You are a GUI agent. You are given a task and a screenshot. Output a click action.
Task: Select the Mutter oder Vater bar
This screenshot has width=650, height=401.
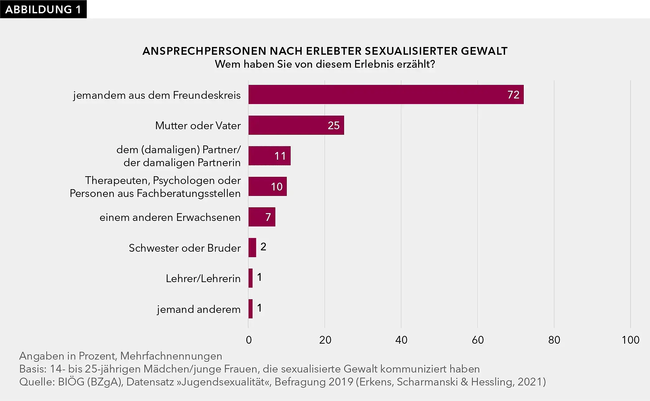click(x=296, y=125)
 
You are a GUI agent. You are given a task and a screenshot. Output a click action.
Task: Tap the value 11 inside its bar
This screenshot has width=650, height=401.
click(x=280, y=156)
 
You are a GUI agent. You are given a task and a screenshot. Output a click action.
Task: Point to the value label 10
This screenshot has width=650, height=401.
click(x=277, y=187)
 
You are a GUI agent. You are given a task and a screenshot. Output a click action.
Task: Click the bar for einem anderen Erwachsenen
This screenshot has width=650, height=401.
click(x=262, y=217)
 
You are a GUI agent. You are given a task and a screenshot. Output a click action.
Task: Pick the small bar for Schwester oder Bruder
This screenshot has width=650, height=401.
click(x=252, y=248)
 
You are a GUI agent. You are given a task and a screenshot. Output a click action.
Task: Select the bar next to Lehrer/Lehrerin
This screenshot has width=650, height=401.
click(x=251, y=278)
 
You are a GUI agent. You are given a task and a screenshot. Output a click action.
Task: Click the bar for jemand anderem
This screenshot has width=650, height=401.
click(x=251, y=309)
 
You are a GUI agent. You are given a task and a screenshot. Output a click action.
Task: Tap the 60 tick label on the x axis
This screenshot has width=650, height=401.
click(x=477, y=340)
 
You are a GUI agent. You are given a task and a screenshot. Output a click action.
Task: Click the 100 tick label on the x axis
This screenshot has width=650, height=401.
click(x=630, y=340)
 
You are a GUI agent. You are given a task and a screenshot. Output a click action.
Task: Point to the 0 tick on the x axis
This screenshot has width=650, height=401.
click(x=249, y=340)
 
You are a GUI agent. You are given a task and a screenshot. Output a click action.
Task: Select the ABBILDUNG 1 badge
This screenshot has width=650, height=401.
click(x=43, y=9)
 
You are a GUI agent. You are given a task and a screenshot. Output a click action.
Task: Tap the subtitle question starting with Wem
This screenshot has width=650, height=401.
click(x=325, y=64)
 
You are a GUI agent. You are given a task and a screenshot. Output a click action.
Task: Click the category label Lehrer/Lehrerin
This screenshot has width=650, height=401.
click(x=203, y=279)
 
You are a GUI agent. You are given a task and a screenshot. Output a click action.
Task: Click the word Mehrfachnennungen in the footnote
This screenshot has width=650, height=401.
click(x=171, y=356)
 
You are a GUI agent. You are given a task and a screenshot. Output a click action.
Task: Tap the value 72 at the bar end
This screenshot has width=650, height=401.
click(x=513, y=95)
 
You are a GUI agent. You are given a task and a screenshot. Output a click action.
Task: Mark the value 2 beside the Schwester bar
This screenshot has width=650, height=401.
click(x=263, y=247)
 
